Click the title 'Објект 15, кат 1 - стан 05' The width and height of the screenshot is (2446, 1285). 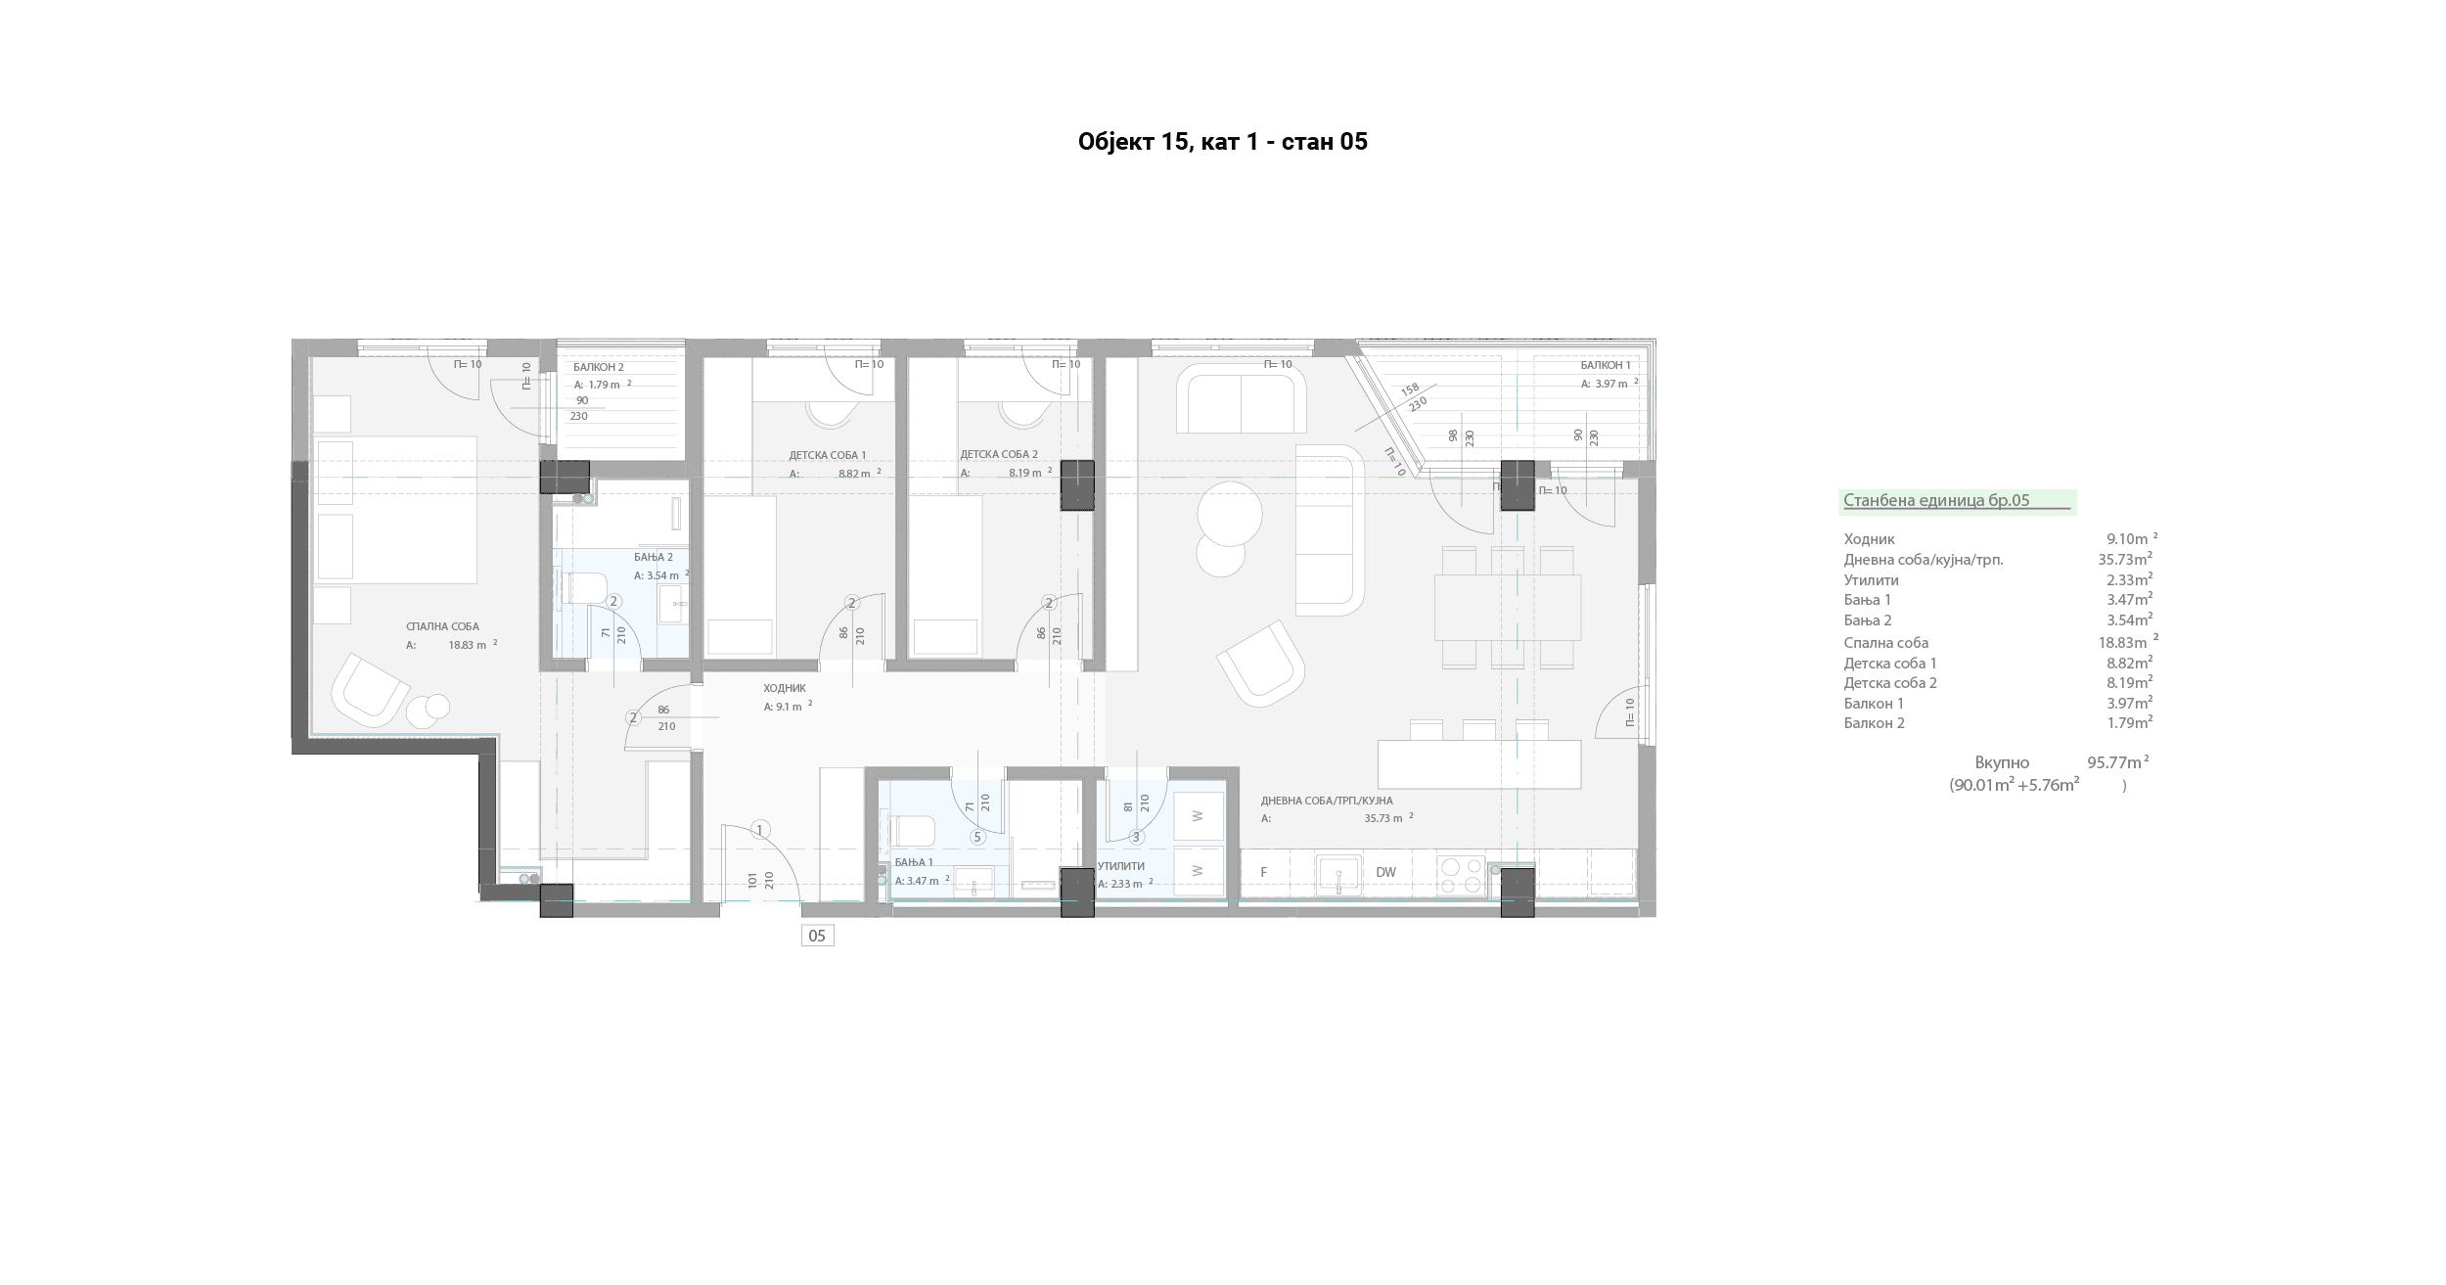[x=1222, y=142]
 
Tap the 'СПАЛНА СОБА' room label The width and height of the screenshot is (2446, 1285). [x=442, y=626]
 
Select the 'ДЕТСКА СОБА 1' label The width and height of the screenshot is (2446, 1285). [x=828, y=455]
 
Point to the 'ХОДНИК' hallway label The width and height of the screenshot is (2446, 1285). [x=785, y=688]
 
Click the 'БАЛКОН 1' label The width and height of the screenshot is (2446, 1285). [x=1606, y=365]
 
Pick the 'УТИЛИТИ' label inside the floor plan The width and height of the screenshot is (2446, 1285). [x=1121, y=866]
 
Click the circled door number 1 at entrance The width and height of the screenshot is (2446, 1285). [x=760, y=830]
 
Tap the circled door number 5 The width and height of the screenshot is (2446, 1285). [x=976, y=837]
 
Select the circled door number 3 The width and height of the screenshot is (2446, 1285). [x=1136, y=837]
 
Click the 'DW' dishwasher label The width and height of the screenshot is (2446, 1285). [x=1385, y=872]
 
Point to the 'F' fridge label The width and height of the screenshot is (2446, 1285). [x=1263, y=872]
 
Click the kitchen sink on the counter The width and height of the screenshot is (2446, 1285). [x=1338, y=875]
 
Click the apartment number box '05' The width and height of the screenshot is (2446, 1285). [x=817, y=936]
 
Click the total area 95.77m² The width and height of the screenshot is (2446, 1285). [x=2117, y=762]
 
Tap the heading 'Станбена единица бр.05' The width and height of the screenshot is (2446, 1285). [x=1936, y=500]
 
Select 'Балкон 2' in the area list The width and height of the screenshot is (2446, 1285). [x=1874, y=723]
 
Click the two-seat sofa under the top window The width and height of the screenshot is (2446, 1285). [x=1241, y=399]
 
